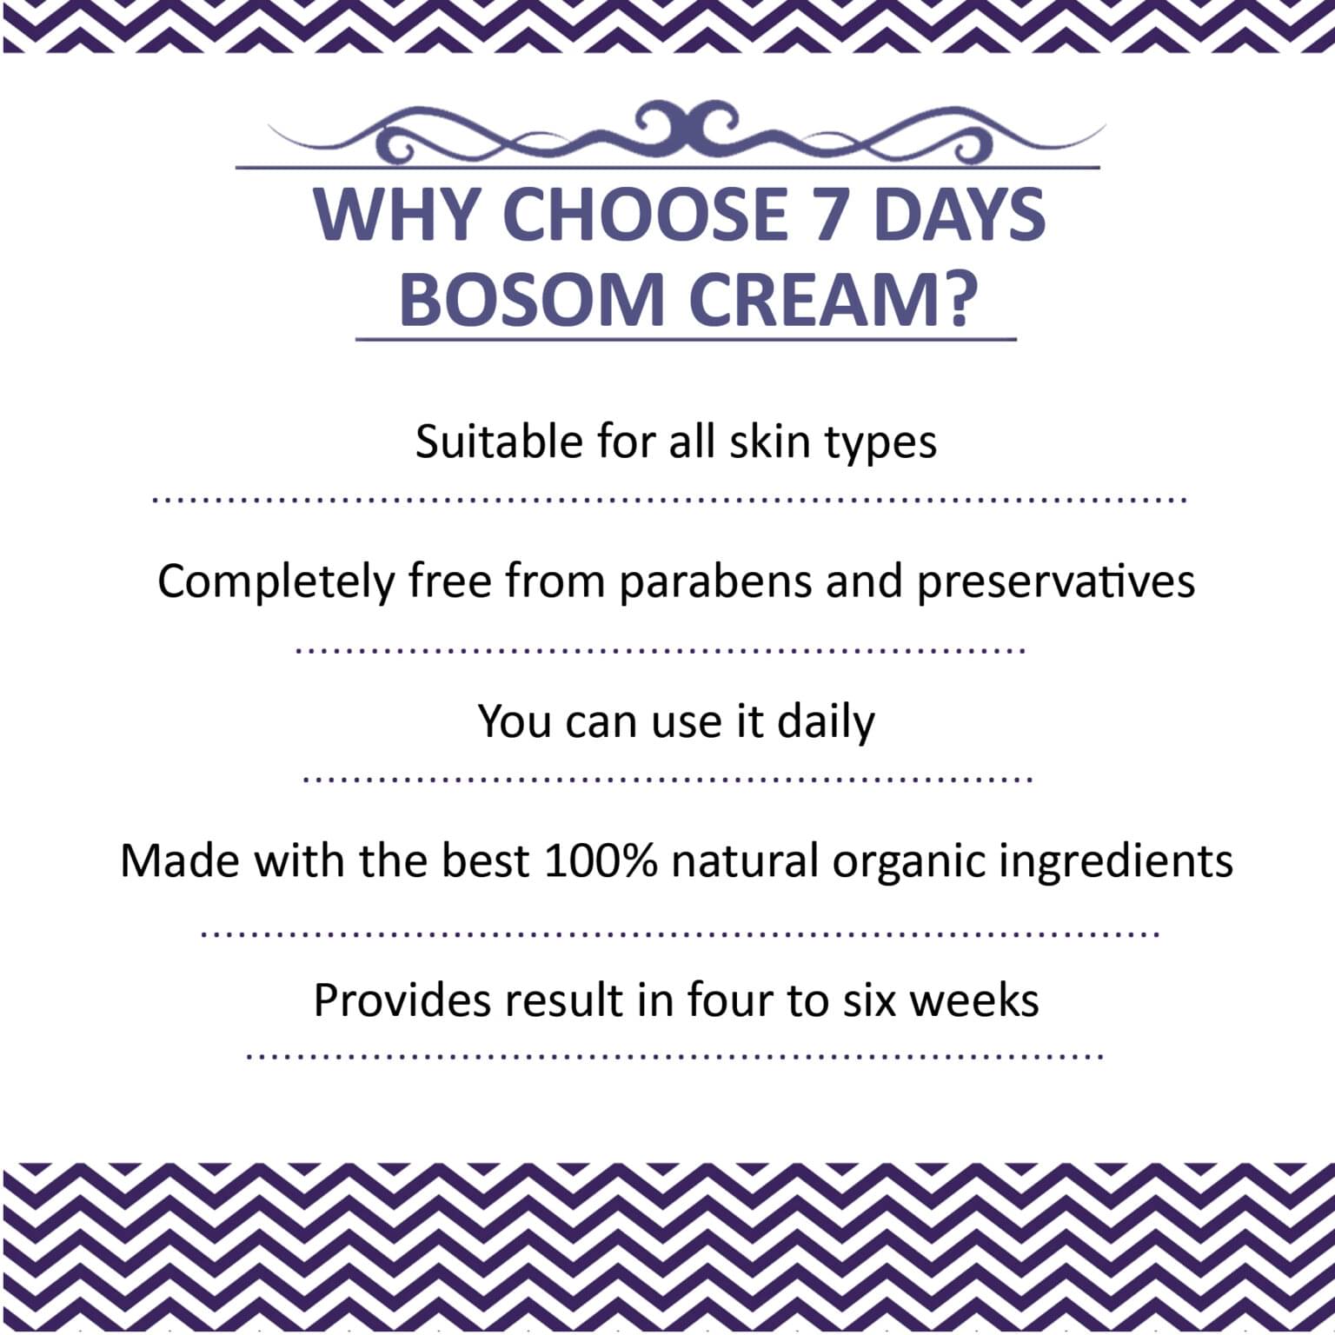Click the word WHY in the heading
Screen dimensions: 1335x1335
tap(399, 215)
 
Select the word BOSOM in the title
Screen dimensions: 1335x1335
tap(531, 300)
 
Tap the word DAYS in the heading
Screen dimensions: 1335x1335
tap(960, 215)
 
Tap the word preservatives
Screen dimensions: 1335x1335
tap(1056, 581)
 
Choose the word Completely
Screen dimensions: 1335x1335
tap(276, 581)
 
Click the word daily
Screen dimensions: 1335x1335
tap(826, 721)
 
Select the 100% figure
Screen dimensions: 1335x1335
tap(601, 860)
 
